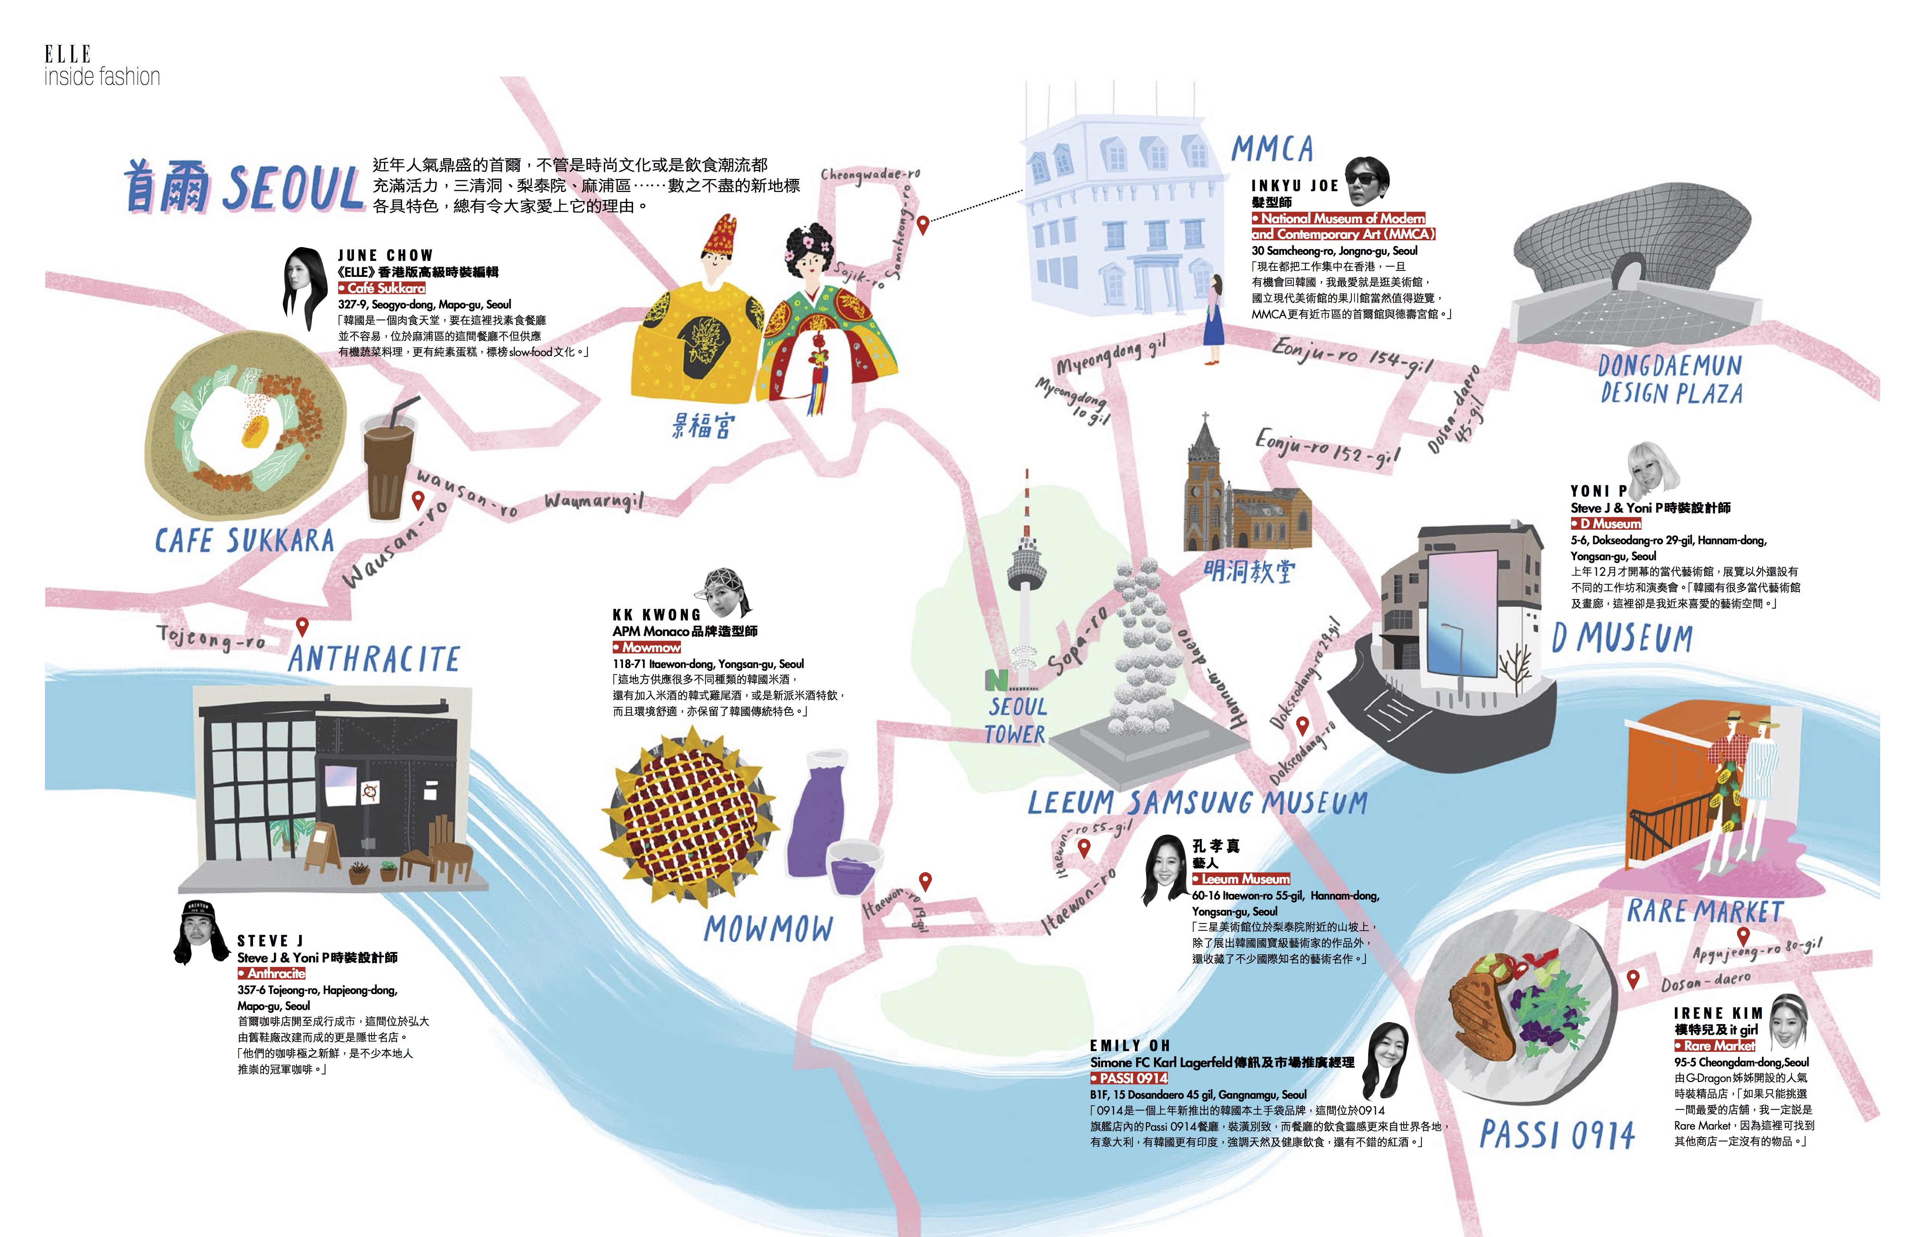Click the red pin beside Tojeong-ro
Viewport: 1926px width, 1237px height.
point(302,626)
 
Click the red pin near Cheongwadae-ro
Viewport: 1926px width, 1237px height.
point(923,225)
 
